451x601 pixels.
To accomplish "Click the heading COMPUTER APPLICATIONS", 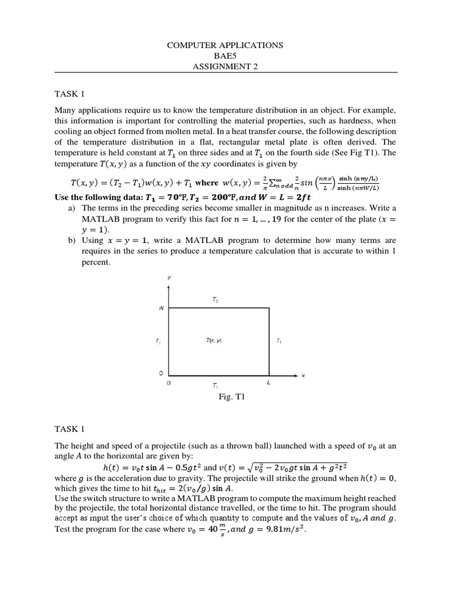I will (x=225, y=45).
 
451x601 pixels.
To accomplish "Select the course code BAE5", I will (x=225, y=55).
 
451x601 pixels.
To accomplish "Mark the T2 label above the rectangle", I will (x=216, y=300).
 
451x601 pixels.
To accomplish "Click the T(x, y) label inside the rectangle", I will (x=214, y=341).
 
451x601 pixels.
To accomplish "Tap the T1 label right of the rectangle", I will (x=278, y=341).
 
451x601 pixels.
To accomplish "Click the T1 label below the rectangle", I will (x=216, y=386).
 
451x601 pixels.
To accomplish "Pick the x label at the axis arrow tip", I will (x=304, y=376).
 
